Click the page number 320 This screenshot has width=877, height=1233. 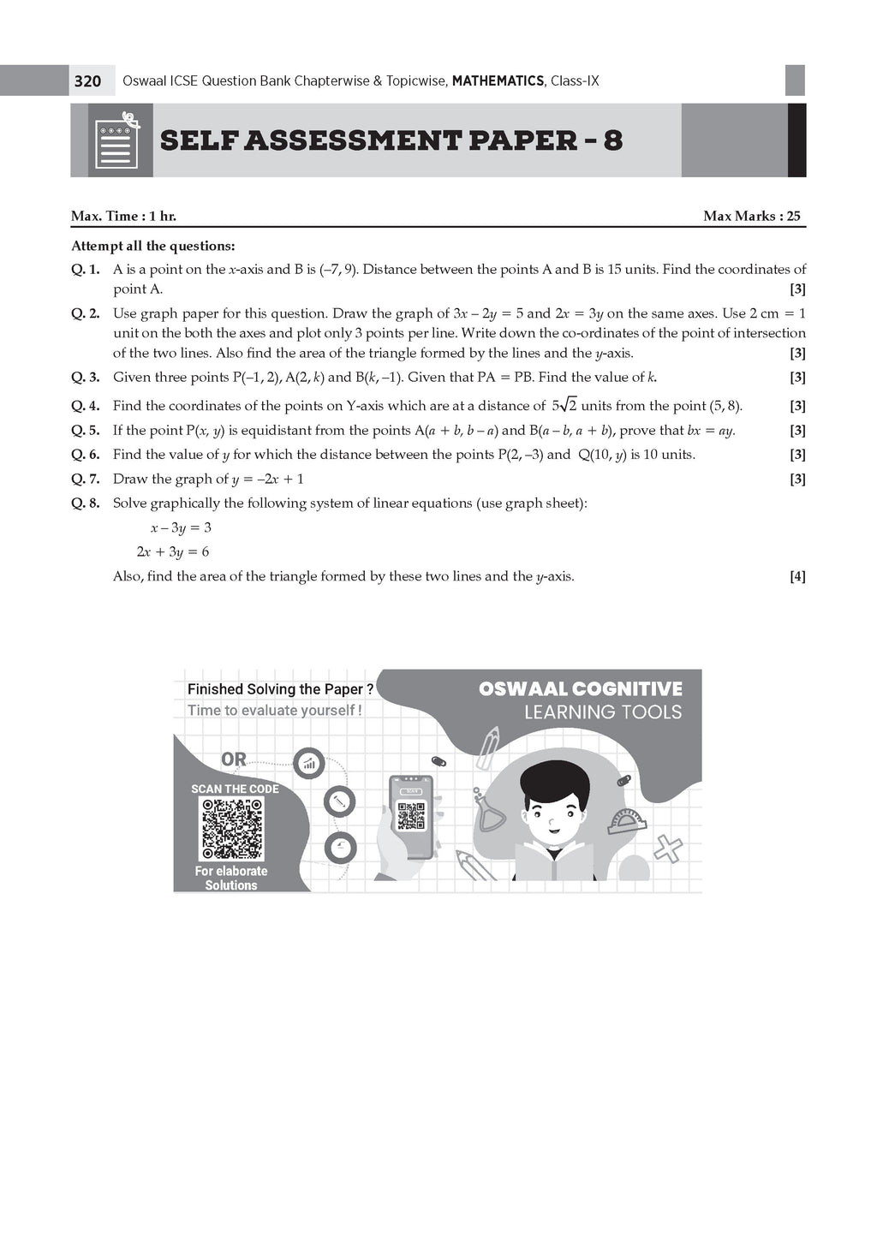87,81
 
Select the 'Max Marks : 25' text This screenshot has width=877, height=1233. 751,216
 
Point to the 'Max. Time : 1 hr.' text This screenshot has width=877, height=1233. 123,216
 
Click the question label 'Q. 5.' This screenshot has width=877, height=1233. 86,431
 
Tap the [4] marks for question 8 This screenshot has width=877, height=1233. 796,576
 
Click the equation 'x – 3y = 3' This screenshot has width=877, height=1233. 181,527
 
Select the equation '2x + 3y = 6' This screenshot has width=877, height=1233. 173,552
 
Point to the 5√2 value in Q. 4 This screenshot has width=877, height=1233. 564,405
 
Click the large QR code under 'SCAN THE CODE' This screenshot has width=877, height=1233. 231,829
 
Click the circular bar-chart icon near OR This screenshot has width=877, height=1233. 307,762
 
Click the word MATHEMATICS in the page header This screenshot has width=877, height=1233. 498,81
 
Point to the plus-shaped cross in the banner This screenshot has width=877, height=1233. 668,848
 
